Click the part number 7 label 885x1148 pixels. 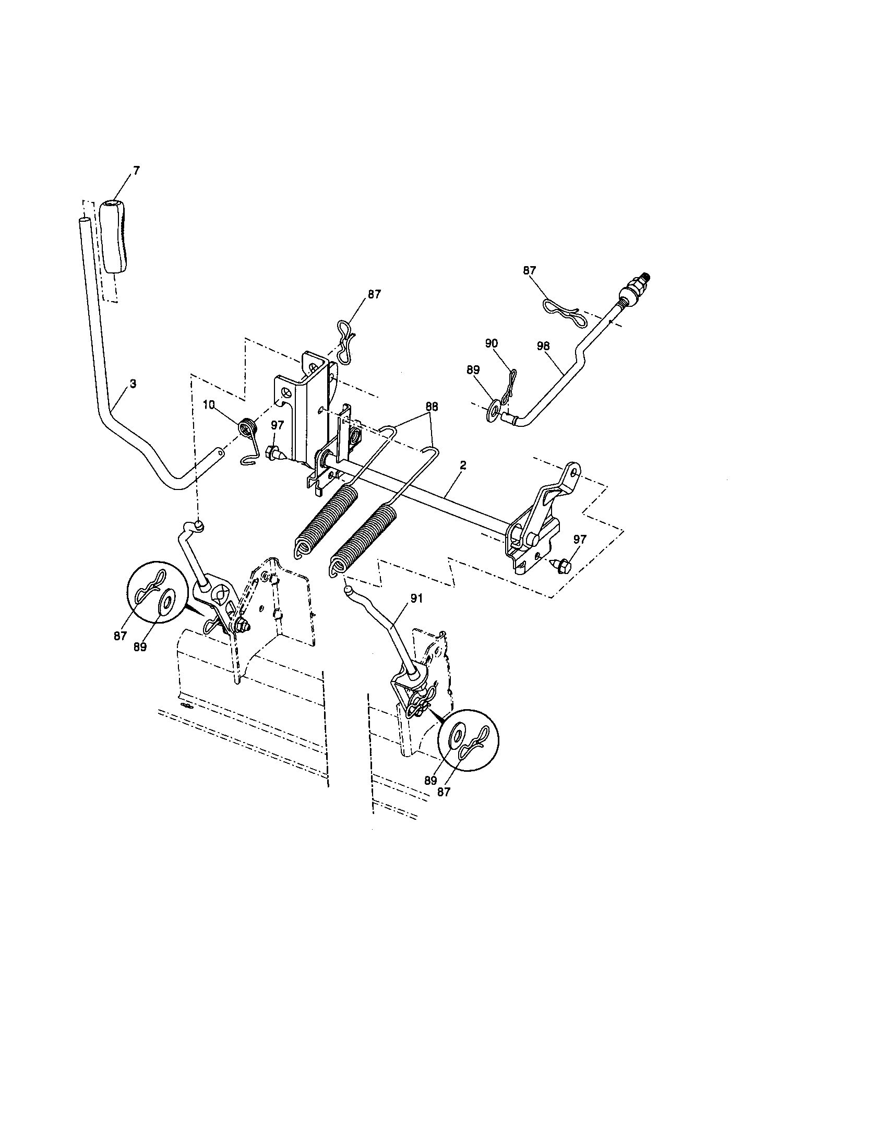[x=137, y=171]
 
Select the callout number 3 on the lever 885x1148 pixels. [x=133, y=384]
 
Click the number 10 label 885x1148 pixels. [x=209, y=405]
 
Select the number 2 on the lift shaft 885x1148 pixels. [x=462, y=465]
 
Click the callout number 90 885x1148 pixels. [x=492, y=343]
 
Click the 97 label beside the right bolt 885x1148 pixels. [x=579, y=539]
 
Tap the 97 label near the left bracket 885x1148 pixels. [x=277, y=425]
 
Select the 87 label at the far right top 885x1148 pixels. [x=529, y=270]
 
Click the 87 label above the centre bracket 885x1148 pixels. [x=374, y=294]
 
